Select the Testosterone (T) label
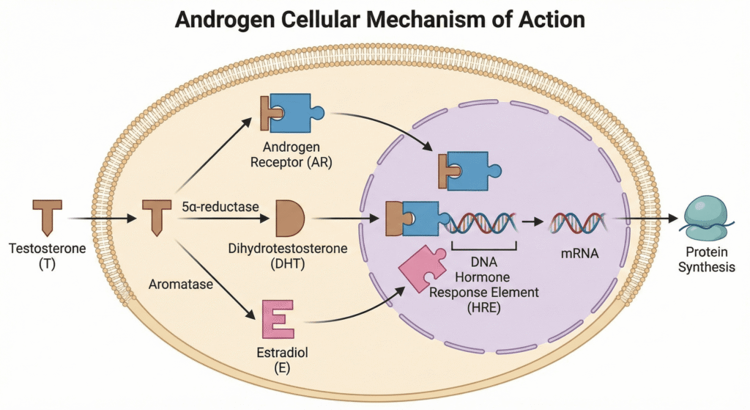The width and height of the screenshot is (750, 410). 48,256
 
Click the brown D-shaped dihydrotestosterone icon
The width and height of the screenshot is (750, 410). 289,218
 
